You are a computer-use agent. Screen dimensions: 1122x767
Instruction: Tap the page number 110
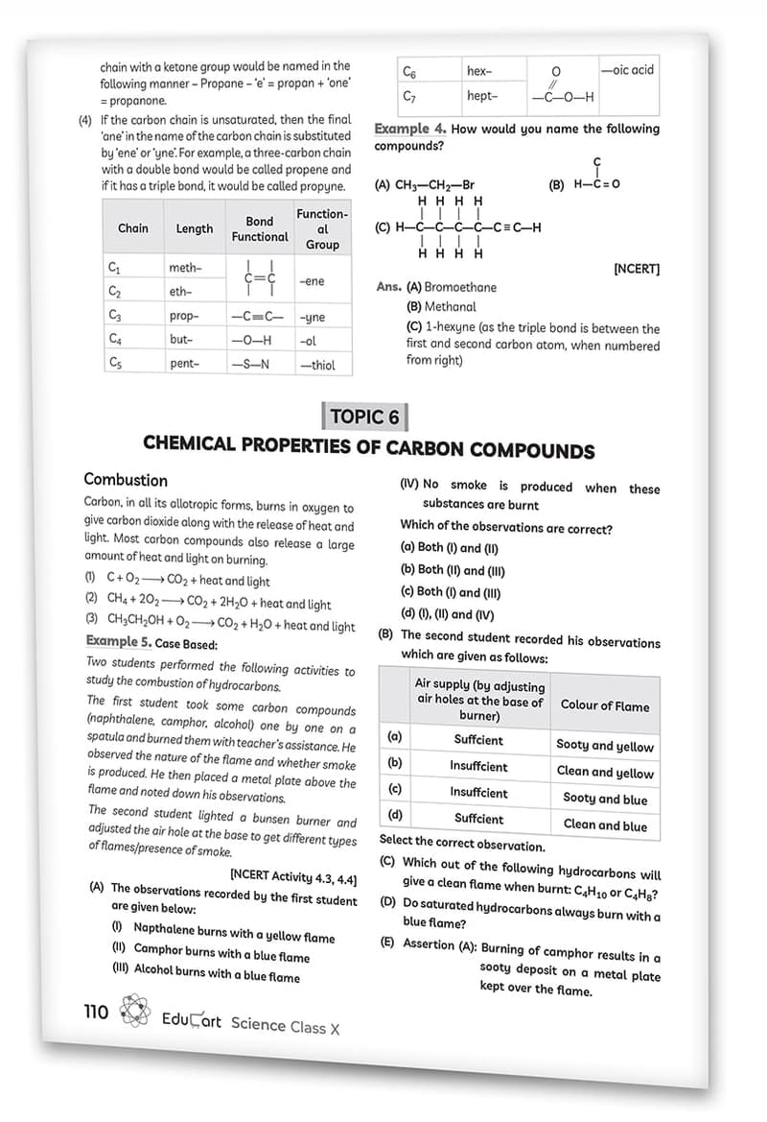(x=96, y=1012)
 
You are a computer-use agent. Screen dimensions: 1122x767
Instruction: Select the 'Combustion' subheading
(x=126, y=480)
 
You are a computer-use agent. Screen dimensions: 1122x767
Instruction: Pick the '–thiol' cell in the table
(x=316, y=365)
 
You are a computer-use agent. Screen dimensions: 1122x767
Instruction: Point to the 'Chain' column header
(x=133, y=228)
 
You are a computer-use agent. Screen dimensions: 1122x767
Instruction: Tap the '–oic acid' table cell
(x=627, y=70)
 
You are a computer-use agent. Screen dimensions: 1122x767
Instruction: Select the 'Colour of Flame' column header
(x=605, y=705)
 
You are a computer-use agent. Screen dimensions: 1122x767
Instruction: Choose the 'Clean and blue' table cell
(x=606, y=824)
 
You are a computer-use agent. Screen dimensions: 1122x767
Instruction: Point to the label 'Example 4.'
(x=409, y=129)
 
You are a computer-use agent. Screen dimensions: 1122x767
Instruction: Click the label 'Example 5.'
(x=119, y=641)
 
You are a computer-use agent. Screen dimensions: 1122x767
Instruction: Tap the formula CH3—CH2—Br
(x=435, y=185)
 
